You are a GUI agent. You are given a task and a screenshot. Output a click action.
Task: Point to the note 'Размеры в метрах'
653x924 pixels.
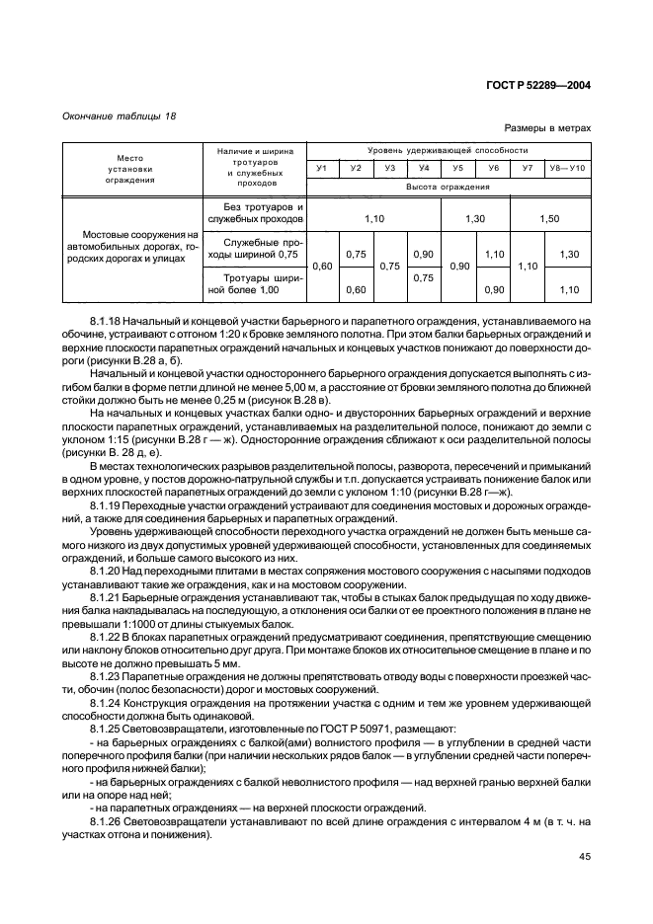point(547,127)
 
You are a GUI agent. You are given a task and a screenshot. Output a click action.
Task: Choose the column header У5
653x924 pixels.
point(458,169)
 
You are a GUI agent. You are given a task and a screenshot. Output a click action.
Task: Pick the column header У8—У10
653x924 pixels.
point(570,169)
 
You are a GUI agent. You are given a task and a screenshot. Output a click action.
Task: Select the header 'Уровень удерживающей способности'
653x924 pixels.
point(448,150)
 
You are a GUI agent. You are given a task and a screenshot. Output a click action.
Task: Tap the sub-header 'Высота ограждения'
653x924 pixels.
point(448,187)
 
